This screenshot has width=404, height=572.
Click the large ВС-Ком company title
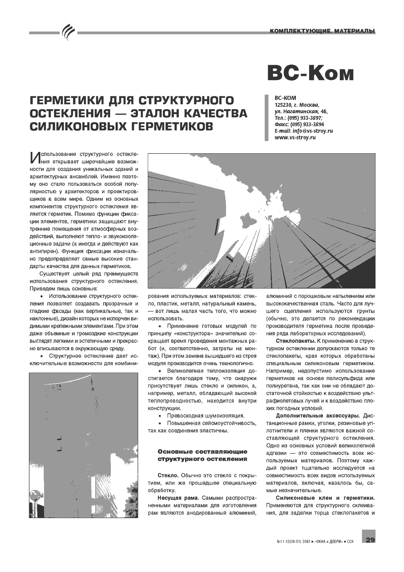[310, 73]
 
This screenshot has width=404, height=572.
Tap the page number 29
[370, 540]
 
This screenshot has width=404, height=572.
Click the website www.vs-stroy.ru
[295, 138]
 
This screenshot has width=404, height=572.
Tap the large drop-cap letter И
[35, 157]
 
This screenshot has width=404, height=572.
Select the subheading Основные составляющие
[203, 452]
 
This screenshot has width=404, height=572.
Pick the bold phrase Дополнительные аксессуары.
[319, 416]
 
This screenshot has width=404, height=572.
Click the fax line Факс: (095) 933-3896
[299, 124]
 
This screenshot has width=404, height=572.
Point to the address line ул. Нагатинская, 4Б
[301, 111]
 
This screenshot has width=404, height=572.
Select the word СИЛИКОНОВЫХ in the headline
[78, 126]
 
